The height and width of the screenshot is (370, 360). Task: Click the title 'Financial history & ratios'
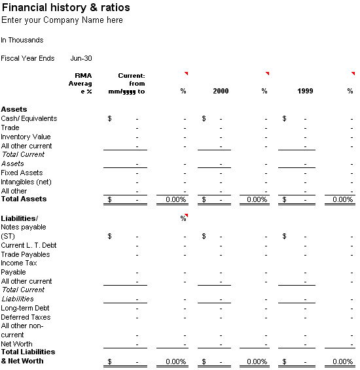click(66, 8)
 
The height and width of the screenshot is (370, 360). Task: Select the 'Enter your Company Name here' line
click(62, 20)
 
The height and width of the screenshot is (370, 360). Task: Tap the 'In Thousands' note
click(22, 40)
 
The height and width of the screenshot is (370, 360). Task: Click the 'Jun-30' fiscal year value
click(81, 58)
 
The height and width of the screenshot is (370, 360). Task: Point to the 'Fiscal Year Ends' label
click(27, 58)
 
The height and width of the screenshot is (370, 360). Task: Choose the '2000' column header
click(221, 91)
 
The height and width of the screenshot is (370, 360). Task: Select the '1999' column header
click(305, 91)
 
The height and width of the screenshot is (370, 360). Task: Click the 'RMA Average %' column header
click(81, 84)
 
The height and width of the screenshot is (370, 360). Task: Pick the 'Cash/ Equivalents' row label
click(29, 118)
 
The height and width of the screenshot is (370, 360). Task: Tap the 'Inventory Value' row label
click(26, 137)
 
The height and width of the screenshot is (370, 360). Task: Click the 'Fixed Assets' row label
click(22, 173)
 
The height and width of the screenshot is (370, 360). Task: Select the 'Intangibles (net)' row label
click(26, 182)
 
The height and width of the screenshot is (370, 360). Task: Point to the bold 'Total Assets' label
click(24, 199)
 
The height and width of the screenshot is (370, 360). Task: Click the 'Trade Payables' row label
click(26, 254)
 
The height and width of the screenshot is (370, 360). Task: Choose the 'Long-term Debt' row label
click(25, 308)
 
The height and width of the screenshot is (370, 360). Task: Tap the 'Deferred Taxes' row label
click(26, 317)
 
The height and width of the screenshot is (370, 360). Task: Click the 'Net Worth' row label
click(16, 344)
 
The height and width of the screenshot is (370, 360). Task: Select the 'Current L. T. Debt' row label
click(29, 245)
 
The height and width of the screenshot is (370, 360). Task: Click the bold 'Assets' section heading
click(14, 109)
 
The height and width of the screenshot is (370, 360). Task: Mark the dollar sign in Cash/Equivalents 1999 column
click(285, 118)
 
